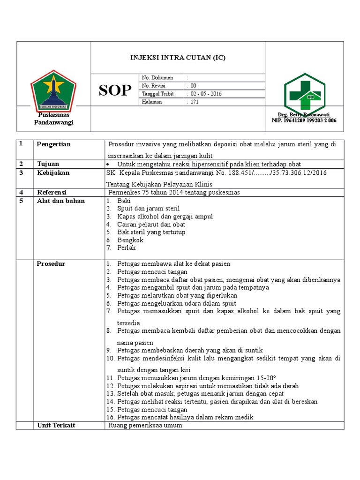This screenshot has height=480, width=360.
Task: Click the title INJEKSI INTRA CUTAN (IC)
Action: coord(177,58)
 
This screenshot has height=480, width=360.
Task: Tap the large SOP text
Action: coord(115,90)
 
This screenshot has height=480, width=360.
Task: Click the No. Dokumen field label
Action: coord(157,78)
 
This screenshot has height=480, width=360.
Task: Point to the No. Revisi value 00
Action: coord(193,86)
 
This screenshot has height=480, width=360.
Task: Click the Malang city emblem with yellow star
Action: coord(53,90)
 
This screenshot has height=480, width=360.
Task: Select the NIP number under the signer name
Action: coord(304,120)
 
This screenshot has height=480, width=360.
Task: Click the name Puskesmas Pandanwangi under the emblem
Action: coord(53,119)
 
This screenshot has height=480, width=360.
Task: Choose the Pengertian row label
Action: coord(53,144)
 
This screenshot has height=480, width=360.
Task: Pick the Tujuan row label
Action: coord(49,164)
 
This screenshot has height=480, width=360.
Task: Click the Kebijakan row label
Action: coord(52,173)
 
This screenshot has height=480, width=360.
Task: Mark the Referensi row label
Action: coord(52,192)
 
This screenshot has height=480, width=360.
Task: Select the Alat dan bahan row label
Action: coord(61,201)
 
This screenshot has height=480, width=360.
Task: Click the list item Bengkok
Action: coord(130,240)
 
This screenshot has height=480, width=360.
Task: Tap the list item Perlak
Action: coord(127,248)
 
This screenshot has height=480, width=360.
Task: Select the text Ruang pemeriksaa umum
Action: coord(145,426)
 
